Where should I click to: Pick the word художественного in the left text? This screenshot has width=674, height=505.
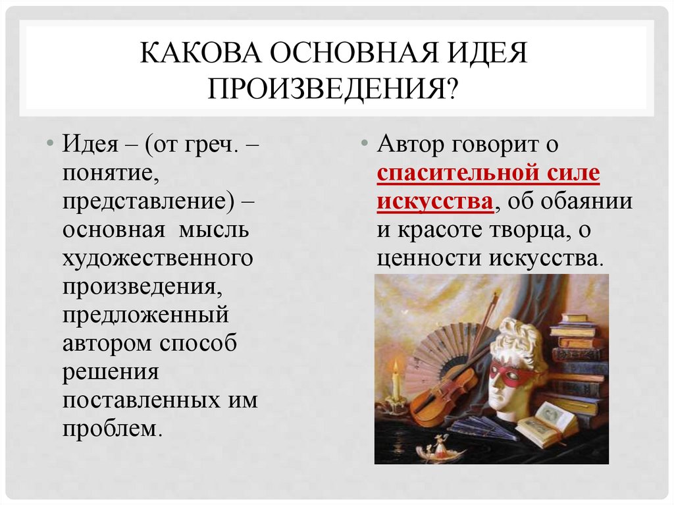click(x=157, y=257)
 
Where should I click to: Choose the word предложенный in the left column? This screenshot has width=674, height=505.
click(x=145, y=313)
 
